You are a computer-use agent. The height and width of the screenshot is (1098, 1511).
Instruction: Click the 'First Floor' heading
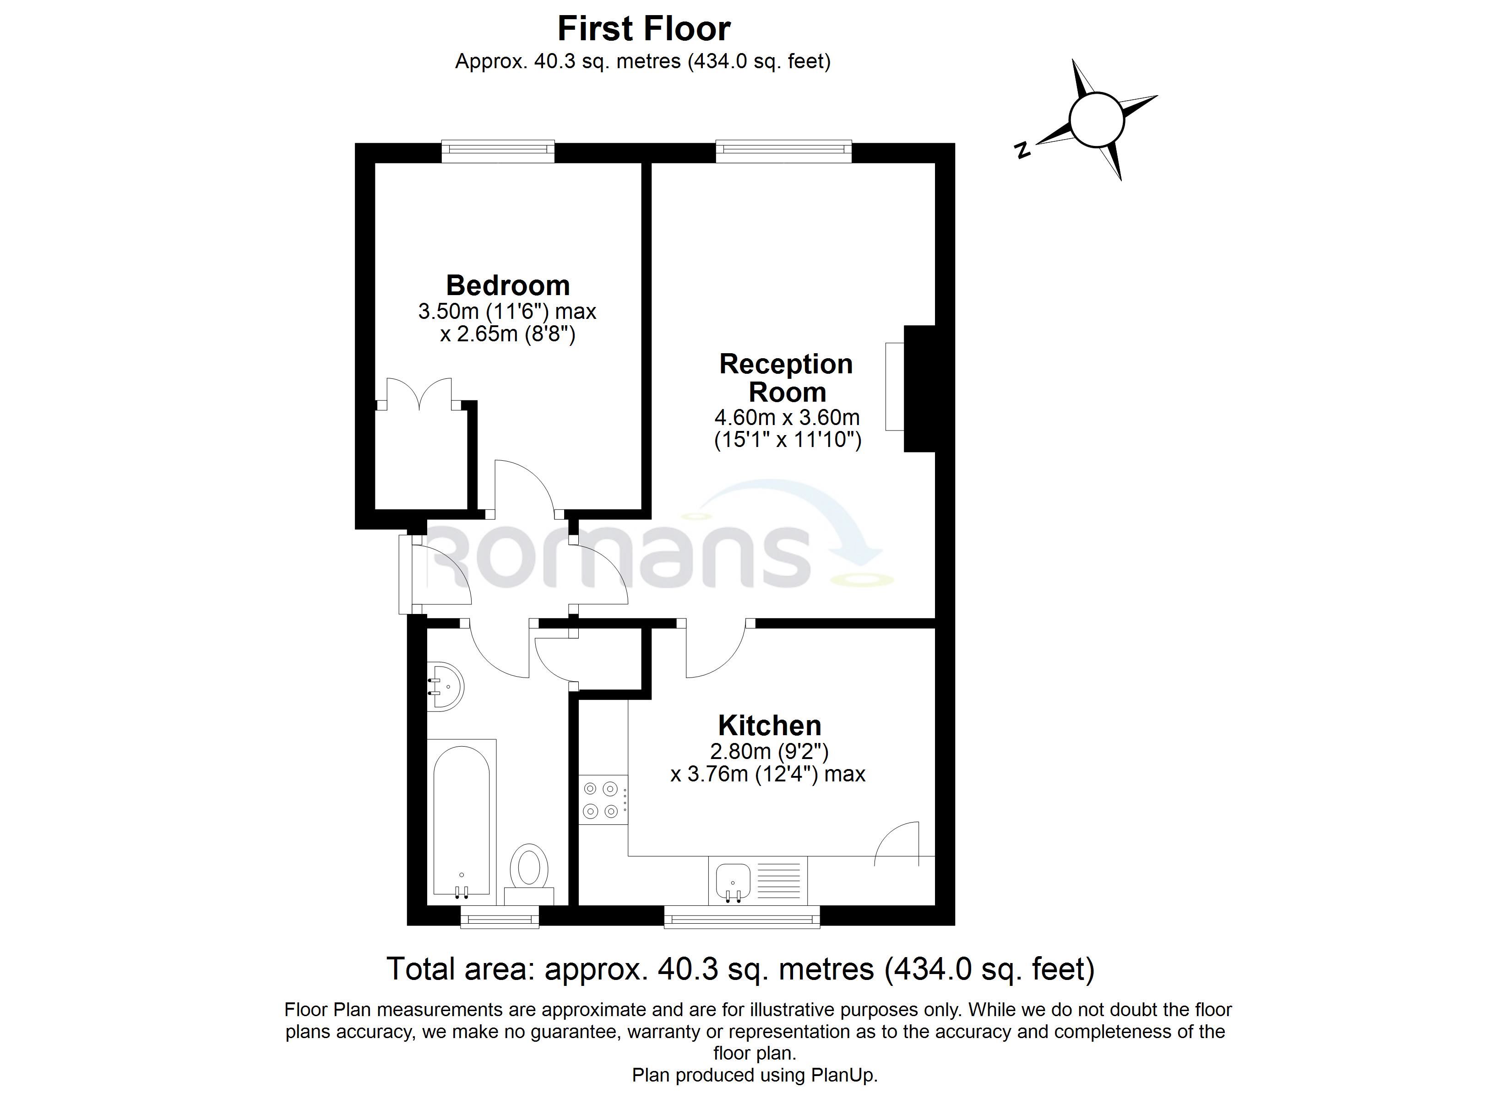click(x=644, y=29)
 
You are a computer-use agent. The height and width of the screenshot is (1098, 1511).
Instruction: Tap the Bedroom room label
click(x=508, y=285)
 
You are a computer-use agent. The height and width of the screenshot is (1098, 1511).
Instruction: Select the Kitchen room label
click(x=770, y=725)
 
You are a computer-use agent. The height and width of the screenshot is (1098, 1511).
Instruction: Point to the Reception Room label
click(x=786, y=377)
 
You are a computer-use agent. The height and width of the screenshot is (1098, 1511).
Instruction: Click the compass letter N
click(x=1022, y=151)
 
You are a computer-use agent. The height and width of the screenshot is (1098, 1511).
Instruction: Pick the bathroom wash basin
click(x=445, y=687)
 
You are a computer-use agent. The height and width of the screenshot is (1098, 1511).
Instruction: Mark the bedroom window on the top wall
click(x=498, y=151)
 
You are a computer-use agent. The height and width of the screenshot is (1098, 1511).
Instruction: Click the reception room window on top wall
click(x=783, y=151)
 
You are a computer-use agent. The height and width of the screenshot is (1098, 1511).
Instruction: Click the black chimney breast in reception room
click(x=919, y=389)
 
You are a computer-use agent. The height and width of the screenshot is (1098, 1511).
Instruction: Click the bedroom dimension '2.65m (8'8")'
click(x=515, y=334)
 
